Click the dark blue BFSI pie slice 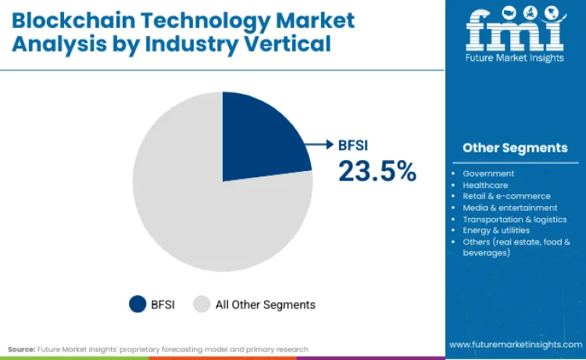pos(258,141)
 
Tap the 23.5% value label pos(377,171)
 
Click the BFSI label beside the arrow pos(357,144)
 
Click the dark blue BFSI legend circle pos(138,304)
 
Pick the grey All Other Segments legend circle pos(202,304)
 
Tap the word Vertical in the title pos(294,45)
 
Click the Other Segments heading pos(515,148)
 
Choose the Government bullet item pos(488,173)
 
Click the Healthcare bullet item pos(485,185)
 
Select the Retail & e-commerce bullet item pos(506,196)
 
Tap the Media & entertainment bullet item pos(509,208)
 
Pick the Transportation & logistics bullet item pos(514,219)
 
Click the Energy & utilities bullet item pos(496,230)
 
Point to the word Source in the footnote pos(21,349)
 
